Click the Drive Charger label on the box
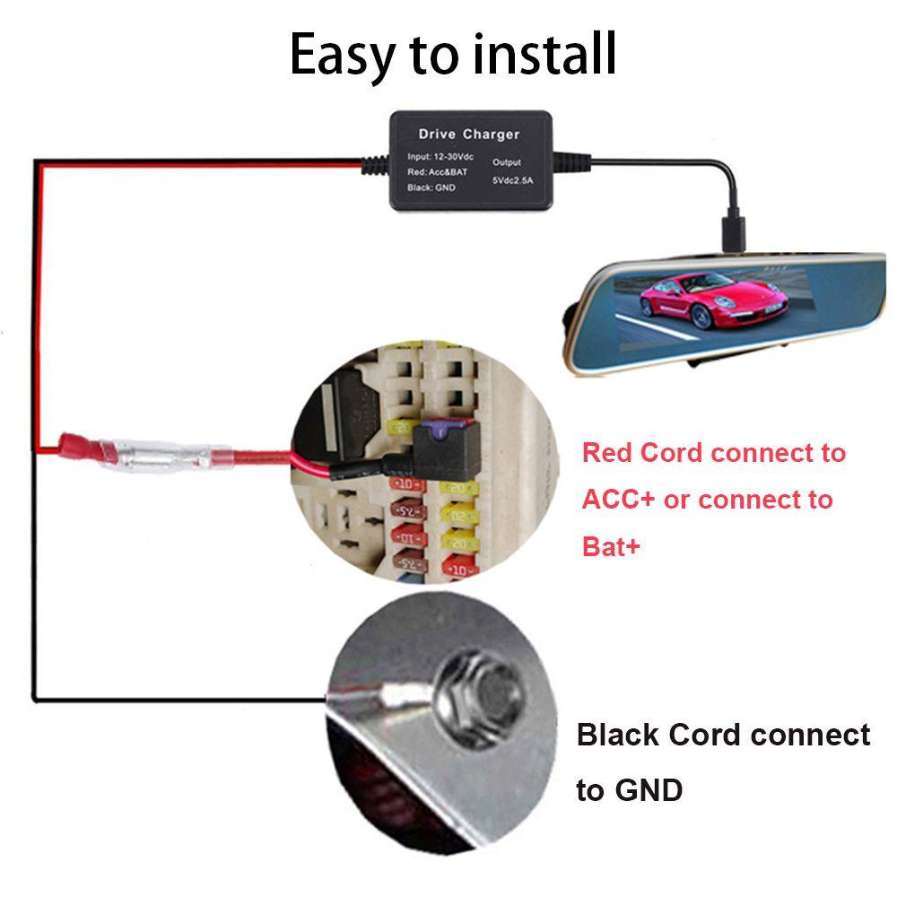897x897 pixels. [x=469, y=135]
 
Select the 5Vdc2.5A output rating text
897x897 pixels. [x=512, y=180]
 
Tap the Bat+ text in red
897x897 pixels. [x=612, y=546]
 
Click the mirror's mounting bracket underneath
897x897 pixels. [x=709, y=359]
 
